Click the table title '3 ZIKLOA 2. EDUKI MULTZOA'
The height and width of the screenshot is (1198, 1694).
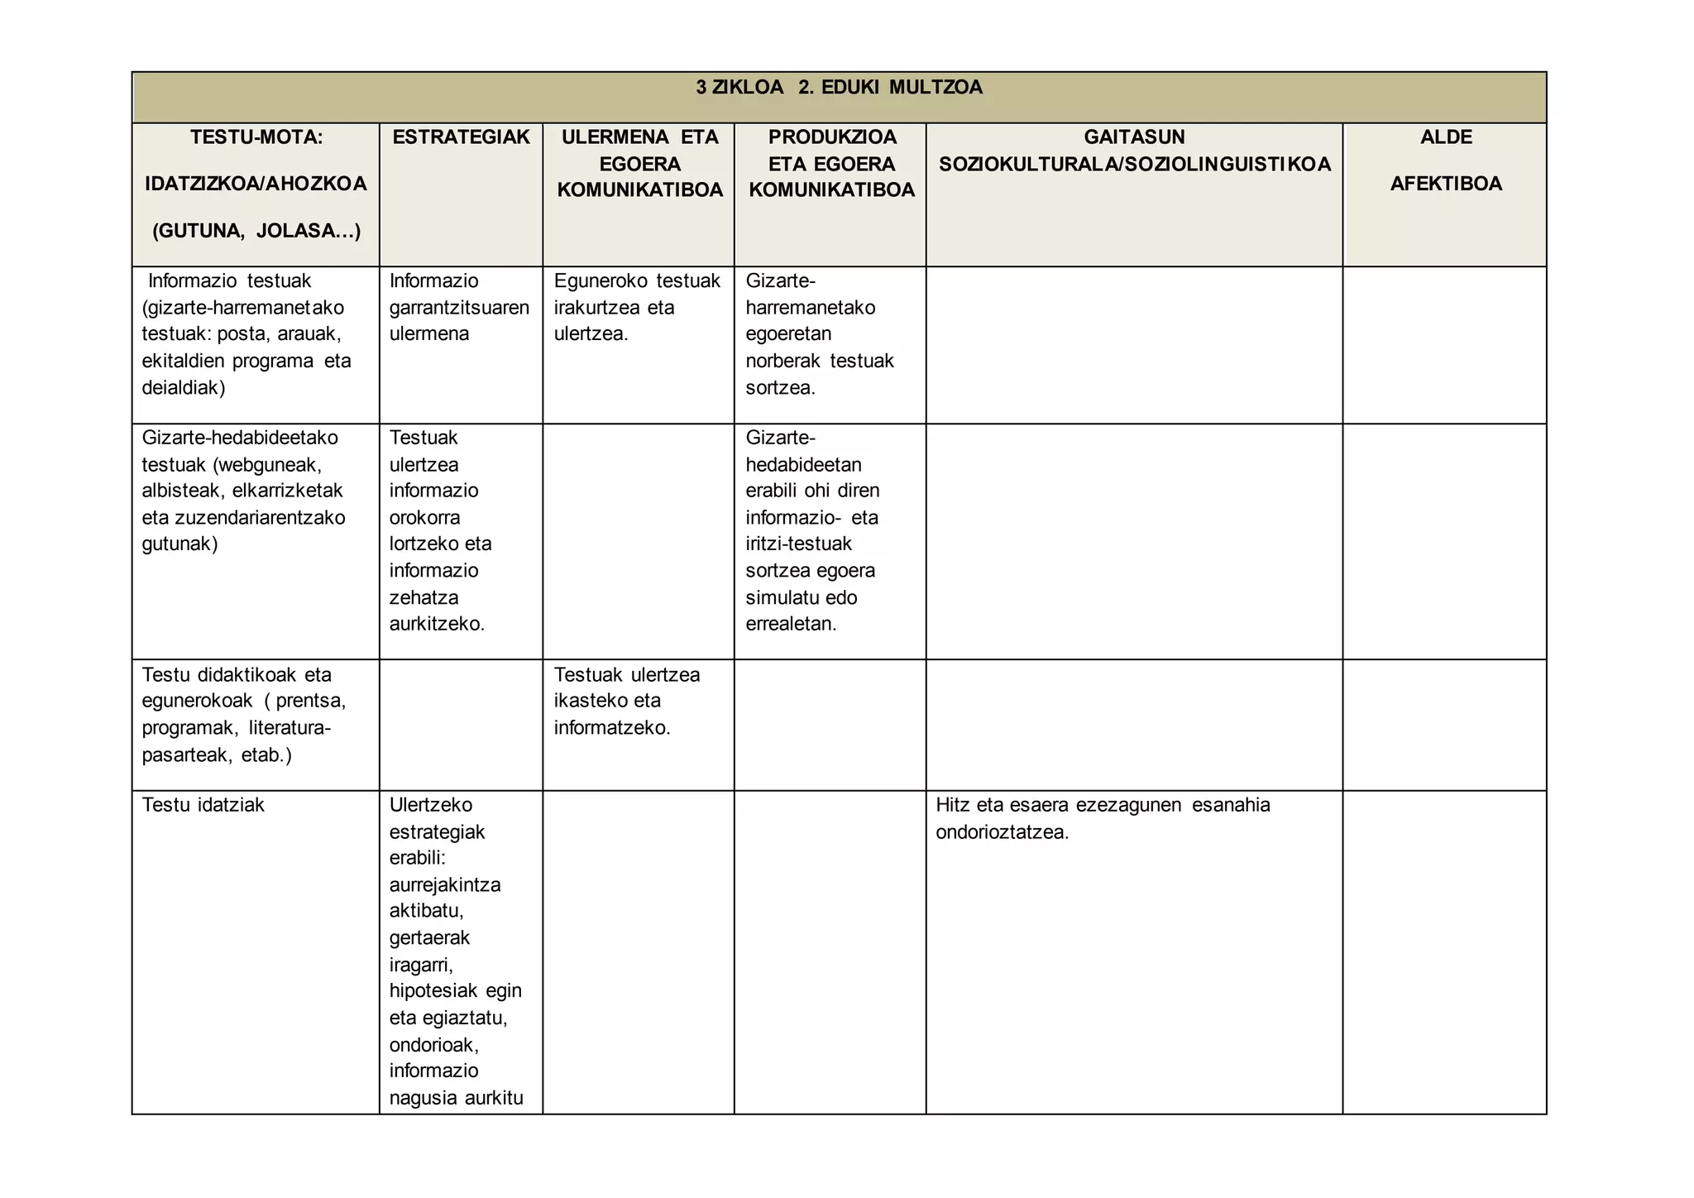click(839, 88)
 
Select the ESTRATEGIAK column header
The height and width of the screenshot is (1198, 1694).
click(461, 137)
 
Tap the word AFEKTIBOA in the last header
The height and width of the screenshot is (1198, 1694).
click(1445, 184)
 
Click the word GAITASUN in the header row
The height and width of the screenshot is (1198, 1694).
click(1134, 137)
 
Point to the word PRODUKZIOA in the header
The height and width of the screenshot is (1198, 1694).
click(831, 137)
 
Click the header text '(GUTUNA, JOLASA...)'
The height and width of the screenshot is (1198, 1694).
click(256, 231)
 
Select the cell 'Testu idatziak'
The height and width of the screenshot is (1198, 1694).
click(203, 805)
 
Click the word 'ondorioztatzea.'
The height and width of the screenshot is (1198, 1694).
click(1002, 832)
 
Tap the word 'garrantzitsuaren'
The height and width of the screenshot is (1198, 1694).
click(459, 308)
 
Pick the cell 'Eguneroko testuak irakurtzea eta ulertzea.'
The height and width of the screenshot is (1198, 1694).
click(637, 308)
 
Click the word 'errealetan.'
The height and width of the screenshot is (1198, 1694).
click(791, 624)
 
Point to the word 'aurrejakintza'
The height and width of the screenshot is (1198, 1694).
click(445, 885)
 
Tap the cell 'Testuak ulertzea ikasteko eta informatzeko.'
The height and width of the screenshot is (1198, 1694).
click(626, 702)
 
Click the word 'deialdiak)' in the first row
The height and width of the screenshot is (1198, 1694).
click(183, 388)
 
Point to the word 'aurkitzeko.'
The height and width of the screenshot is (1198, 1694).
click(437, 624)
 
